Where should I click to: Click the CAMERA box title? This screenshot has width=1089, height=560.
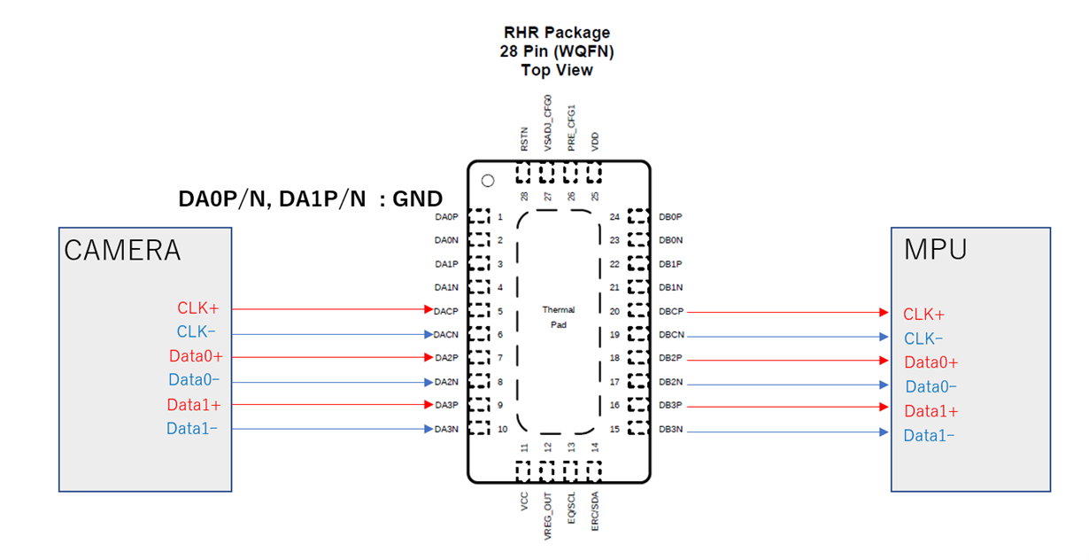pos(122,251)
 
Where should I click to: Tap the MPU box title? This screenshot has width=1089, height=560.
pos(935,250)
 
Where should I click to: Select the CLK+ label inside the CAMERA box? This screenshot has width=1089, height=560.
pos(197,308)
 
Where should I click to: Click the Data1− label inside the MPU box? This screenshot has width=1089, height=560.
pos(929,435)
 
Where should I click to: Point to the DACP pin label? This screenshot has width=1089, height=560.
pos(446,311)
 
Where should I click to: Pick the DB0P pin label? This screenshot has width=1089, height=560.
pos(670,217)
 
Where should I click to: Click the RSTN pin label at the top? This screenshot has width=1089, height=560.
pos(524,139)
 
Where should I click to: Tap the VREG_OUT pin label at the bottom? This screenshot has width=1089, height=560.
pos(548,516)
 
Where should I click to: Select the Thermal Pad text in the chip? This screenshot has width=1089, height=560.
pos(559,317)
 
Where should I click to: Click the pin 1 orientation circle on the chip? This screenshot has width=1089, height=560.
pos(488,181)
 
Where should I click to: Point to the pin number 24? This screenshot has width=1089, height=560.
pos(614,217)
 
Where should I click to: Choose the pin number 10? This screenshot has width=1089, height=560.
pos(502,429)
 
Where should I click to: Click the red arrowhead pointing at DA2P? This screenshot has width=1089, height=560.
pos(429,358)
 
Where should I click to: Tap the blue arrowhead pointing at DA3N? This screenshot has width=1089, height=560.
pos(429,429)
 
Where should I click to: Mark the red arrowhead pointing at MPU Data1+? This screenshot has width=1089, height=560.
pos(884,407)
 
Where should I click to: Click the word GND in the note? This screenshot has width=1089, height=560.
pos(418,199)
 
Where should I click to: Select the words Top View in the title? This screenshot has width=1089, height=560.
pos(557,70)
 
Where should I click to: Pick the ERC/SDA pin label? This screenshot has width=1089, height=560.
pos(595,511)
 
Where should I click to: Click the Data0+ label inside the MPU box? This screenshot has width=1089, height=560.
pos(931,362)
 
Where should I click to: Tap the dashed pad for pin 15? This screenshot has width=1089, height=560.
pos(638,428)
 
